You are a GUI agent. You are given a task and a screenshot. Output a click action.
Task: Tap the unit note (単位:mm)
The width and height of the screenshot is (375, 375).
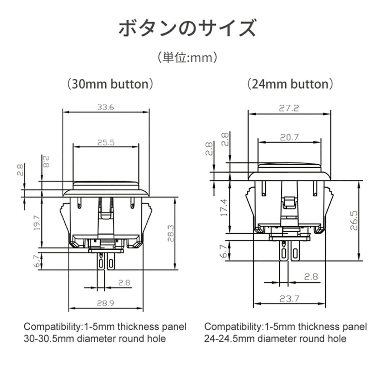[x=187, y=57]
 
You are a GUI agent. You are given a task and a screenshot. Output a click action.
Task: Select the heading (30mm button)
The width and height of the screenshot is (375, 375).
[x=110, y=84]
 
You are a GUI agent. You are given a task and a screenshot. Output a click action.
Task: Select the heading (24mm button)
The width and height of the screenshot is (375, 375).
[x=290, y=84]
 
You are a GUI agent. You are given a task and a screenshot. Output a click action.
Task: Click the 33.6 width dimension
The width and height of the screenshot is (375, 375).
[x=105, y=107]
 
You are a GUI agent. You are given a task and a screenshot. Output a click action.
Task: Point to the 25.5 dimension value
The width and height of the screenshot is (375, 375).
[x=106, y=142]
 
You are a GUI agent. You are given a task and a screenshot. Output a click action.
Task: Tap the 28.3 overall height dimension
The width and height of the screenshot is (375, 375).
[x=170, y=233]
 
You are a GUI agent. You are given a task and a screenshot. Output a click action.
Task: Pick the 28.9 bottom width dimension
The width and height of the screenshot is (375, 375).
[x=105, y=303]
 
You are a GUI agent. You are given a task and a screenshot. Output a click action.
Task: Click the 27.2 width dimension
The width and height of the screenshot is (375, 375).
[x=289, y=108]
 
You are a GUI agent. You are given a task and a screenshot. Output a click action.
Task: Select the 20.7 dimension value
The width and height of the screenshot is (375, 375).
[x=289, y=137]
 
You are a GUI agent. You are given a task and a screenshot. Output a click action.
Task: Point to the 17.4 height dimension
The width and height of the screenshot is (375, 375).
[x=224, y=207]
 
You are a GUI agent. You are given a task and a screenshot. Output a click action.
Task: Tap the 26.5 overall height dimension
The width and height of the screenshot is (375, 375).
[x=353, y=220]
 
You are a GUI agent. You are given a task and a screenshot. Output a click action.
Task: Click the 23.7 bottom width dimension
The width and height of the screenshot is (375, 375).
[x=289, y=299]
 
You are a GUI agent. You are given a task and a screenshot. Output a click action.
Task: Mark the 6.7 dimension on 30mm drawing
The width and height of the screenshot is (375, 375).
[x=37, y=261]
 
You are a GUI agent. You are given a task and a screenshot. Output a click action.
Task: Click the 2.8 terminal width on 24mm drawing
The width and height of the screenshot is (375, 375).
[x=311, y=276]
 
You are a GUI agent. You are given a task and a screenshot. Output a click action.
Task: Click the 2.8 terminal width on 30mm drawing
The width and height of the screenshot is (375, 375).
[x=124, y=282]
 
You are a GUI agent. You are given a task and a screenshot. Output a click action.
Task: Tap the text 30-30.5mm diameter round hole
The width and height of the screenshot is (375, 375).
[x=95, y=338]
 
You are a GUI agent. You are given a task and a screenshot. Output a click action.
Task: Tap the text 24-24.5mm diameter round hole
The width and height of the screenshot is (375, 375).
[x=275, y=338]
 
